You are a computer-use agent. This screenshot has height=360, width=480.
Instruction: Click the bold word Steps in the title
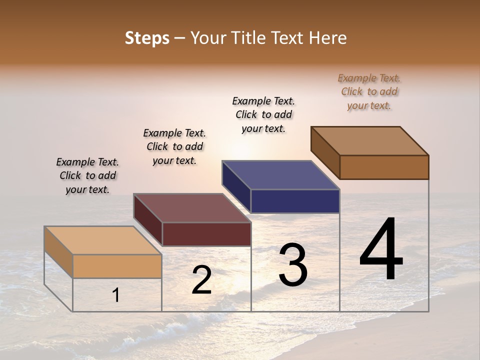click(x=147, y=38)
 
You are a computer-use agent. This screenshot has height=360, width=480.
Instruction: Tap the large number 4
click(x=381, y=250)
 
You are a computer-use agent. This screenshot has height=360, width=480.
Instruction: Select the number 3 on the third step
click(x=292, y=265)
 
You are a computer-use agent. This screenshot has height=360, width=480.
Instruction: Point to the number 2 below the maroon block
click(x=202, y=280)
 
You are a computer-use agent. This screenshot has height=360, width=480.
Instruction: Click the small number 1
click(x=116, y=295)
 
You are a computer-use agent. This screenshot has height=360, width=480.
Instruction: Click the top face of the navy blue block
click(x=280, y=175)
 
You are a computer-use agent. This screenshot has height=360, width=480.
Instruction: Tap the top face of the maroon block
click(x=192, y=208)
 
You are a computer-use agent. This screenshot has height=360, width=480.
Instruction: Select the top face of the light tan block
click(x=103, y=240)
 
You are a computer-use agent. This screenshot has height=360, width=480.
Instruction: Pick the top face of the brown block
click(x=370, y=141)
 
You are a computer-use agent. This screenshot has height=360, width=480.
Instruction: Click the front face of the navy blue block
click(x=295, y=201)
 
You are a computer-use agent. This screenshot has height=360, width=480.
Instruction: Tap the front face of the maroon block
click(x=206, y=234)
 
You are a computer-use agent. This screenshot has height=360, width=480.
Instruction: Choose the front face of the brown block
click(x=384, y=167)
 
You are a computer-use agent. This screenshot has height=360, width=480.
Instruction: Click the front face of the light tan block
click(x=117, y=266)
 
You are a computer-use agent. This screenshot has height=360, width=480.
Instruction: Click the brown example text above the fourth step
click(x=369, y=91)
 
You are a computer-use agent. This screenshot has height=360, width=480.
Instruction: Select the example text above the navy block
click(x=263, y=114)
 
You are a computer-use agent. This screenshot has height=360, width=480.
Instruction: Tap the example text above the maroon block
click(x=174, y=146)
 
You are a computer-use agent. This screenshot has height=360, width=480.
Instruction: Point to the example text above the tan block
click(x=87, y=175)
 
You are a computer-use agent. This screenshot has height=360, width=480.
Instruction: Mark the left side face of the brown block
click(x=325, y=152)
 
